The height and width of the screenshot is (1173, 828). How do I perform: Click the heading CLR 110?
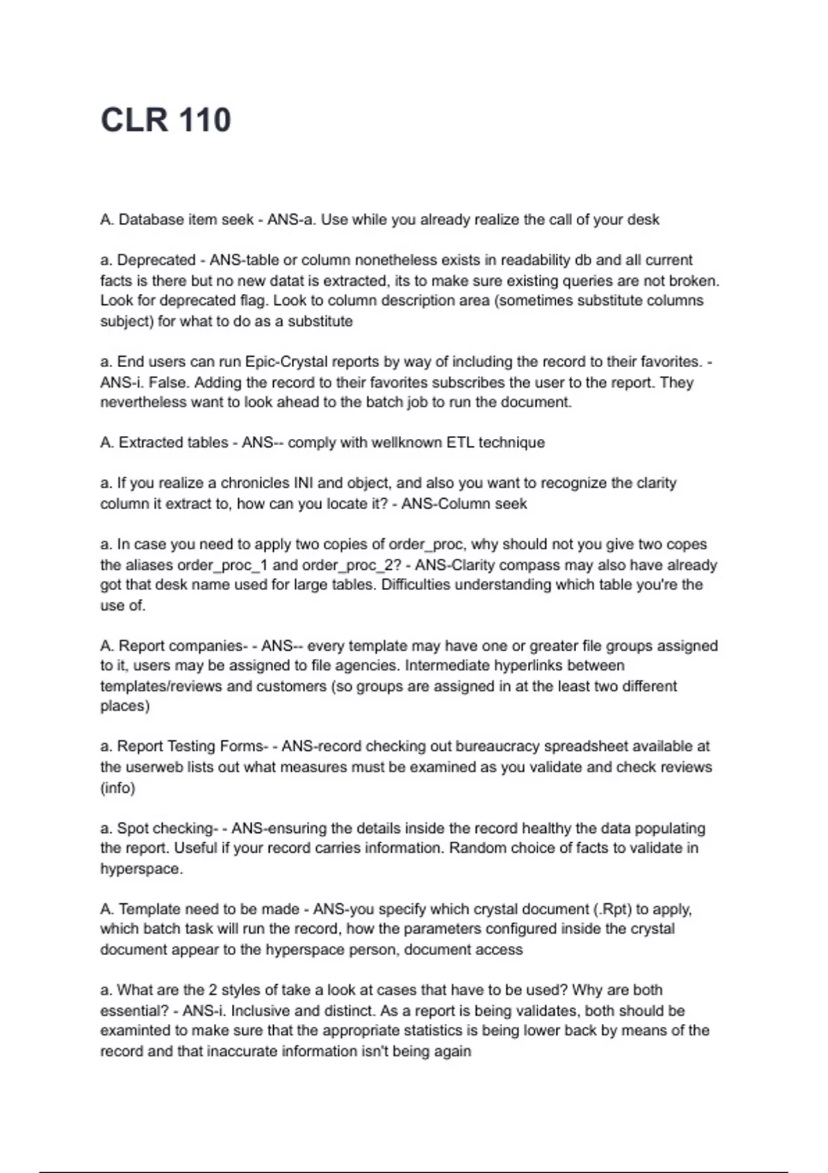166,120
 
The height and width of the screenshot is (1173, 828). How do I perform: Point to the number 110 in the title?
205,120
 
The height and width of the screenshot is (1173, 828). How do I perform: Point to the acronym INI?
304,483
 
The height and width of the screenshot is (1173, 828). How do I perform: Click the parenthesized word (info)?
117,787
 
